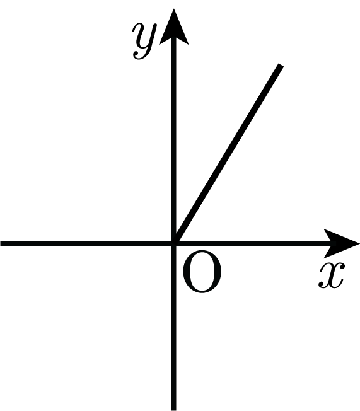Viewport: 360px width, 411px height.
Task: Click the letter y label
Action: point(144,41)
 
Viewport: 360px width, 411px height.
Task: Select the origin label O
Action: point(202,272)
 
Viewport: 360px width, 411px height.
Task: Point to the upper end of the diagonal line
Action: point(281,65)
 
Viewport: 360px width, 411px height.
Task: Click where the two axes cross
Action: point(173,243)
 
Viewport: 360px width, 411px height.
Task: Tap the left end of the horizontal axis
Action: point(1,243)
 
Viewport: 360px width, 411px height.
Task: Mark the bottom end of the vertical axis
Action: point(173,410)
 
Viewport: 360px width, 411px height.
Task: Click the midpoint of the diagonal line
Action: point(228,154)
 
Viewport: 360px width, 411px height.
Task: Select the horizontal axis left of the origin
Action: point(87,243)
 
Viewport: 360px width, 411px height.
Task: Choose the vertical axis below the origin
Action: point(173,327)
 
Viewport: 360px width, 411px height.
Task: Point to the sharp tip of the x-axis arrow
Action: point(359,243)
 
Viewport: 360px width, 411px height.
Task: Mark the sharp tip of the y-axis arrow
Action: point(173,9)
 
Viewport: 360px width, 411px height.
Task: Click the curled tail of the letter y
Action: point(139,55)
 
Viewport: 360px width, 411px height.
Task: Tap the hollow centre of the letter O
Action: point(202,272)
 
